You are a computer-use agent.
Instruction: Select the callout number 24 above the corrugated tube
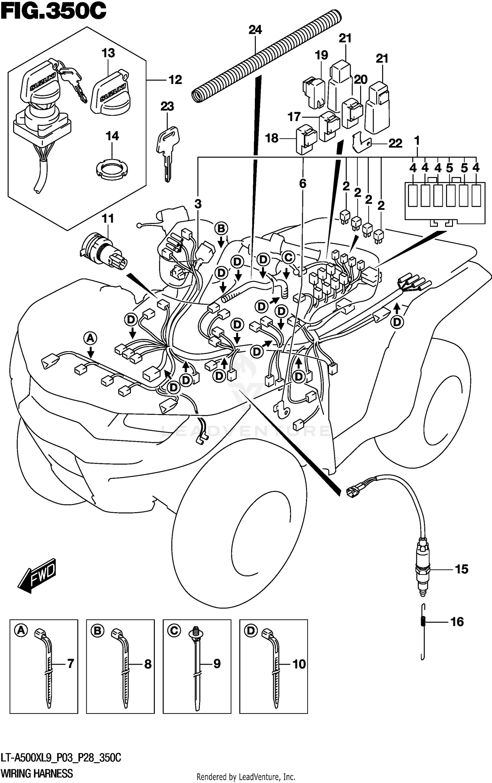(x=255, y=30)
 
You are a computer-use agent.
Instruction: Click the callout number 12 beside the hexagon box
(x=175, y=80)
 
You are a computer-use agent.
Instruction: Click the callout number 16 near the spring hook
(x=457, y=622)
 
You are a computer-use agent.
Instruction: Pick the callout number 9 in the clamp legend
(x=217, y=664)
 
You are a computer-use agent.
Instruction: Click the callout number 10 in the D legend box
(x=299, y=664)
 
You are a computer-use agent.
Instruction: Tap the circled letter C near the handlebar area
(x=288, y=257)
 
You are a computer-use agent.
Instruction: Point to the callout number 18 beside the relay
(x=272, y=138)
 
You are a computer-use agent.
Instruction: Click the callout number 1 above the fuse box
(x=417, y=141)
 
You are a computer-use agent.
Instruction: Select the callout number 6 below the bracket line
(x=302, y=184)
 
